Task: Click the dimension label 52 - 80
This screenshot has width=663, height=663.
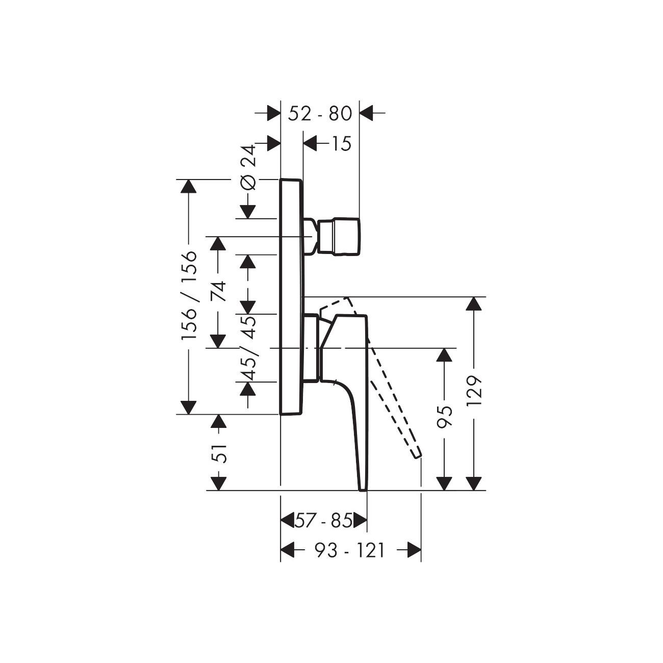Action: click(320, 114)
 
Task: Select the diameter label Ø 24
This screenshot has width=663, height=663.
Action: click(249, 168)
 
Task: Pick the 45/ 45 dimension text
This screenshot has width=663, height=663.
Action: click(248, 348)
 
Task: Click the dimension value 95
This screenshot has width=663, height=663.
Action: click(444, 417)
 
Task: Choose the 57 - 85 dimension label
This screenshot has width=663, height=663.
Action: click(323, 521)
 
